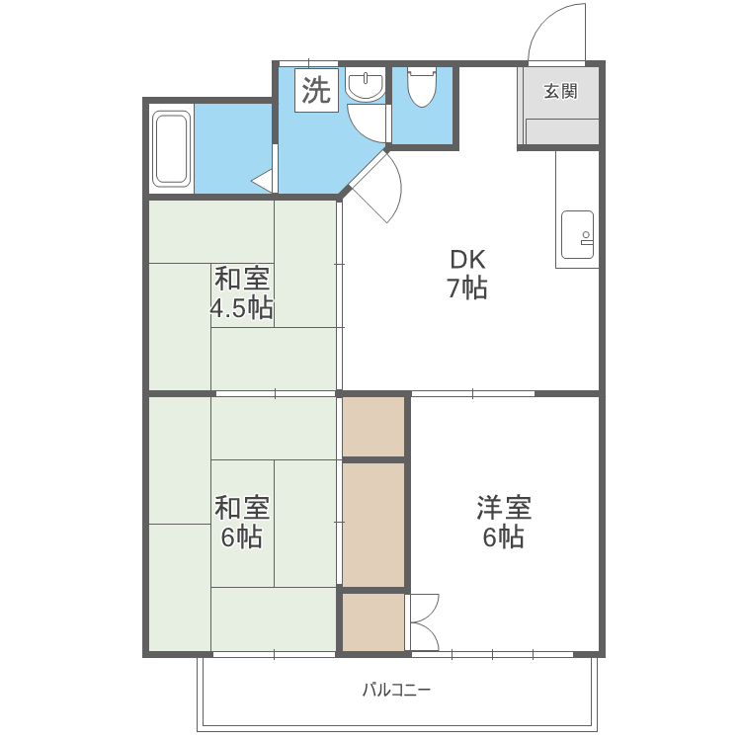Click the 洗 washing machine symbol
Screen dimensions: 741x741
[x=316, y=90]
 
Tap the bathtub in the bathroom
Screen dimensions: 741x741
[x=172, y=150]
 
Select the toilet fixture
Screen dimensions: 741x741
[x=422, y=87]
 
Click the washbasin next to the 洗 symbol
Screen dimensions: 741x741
[x=366, y=87]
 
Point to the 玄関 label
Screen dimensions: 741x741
[x=559, y=92]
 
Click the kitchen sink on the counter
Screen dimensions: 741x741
[x=576, y=235]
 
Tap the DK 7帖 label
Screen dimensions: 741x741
[x=467, y=275]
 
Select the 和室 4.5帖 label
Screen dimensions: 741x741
[x=242, y=293]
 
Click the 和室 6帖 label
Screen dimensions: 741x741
[x=242, y=523]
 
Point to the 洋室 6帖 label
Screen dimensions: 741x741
[x=504, y=523]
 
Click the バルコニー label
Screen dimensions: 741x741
[x=395, y=690]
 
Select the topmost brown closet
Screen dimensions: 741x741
[x=373, y=426]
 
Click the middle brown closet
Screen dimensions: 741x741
[x=373, y=525]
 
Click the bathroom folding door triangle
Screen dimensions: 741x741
[x=264, y=181]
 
